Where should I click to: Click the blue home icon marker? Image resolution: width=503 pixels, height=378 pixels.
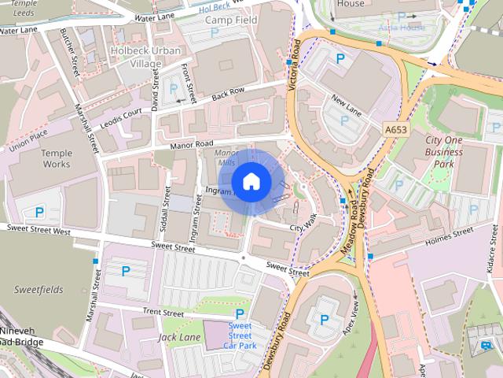pos(251,182)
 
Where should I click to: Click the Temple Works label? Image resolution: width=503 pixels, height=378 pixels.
pos(56,158)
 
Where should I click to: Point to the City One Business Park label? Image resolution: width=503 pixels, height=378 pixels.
pos(450,151)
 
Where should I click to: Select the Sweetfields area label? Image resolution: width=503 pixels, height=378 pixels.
pos(38,290)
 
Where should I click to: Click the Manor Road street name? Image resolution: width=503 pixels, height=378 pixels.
pos(193,145)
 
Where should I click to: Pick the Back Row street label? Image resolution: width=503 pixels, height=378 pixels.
pos(227,93)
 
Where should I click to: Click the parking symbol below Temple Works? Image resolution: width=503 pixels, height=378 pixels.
pos(39,212)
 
